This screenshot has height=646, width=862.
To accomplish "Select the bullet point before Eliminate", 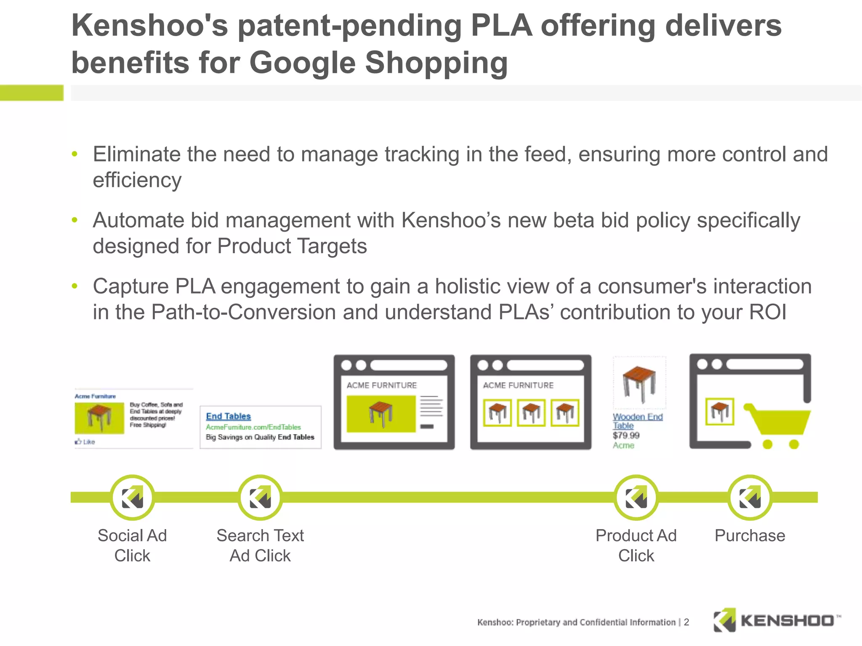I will [x=75, y=154].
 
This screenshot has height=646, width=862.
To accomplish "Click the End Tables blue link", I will [x=229, y=416].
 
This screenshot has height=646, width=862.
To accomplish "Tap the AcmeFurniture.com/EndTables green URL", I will [x=253, y=427].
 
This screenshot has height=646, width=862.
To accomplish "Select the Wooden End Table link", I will [x=637, y=421].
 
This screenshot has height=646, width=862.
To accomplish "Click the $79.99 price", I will [x=626, y=435].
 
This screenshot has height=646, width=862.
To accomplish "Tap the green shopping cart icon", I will [x=778, y=425].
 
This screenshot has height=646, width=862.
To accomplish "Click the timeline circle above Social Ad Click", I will [x=132, y=498].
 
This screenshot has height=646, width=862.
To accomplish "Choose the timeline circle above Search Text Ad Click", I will [x=260, y=498].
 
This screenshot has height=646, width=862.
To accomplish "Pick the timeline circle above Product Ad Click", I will [x=636, y=498].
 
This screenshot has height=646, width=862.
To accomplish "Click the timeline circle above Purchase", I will [x=750, y=498].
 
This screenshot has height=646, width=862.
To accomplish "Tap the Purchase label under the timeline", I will [x=750, y=535].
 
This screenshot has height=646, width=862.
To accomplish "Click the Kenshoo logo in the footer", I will [x=777, y=620].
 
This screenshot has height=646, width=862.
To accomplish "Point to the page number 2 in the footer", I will [x=686, y=622].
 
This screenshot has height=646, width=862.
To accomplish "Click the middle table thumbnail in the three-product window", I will [x=531, y=413].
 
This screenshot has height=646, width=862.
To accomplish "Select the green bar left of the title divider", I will [x=32, y=93].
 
